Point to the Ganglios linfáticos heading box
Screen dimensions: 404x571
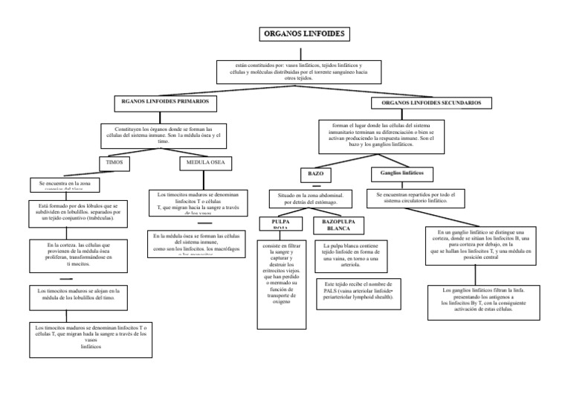[x=401, y=173]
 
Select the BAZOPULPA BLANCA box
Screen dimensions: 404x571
[x=338, y=225]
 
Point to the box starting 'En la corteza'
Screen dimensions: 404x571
[x=77, y=254]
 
